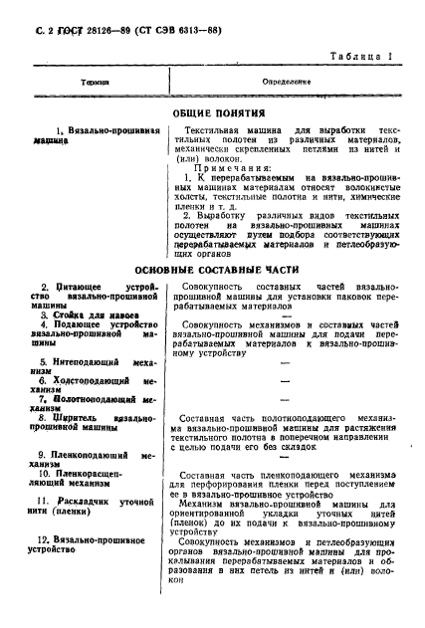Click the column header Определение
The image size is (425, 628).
coord(287,81)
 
